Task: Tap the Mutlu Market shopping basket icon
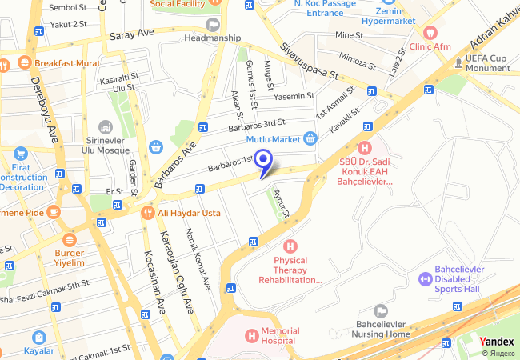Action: (310, 138)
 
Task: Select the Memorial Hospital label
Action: (279, 335)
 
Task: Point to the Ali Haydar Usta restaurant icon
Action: (147, 213)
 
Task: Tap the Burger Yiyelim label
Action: (69, 257)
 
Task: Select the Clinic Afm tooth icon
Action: (430, 33)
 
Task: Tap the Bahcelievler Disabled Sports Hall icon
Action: (424, 279)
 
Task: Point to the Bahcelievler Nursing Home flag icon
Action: (381, 310)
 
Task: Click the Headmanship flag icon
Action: (212, 24)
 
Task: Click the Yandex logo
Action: (497, 342)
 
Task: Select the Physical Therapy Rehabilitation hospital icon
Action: (290, 246)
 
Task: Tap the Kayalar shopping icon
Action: (38, 337)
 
